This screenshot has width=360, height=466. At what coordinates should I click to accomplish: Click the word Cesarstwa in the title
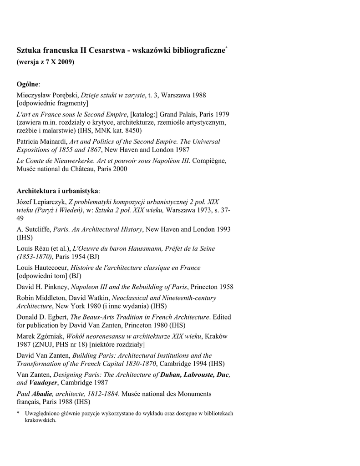(x=106, y=50)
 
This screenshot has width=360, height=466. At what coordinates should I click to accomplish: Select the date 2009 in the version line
(x=66, y=61)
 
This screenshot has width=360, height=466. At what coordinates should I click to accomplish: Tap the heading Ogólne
(x=28, y=84)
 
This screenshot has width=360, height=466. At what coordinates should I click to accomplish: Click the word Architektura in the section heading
(x=35, y=190)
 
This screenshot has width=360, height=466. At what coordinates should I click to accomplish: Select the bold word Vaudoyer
(x=43, y=383)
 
